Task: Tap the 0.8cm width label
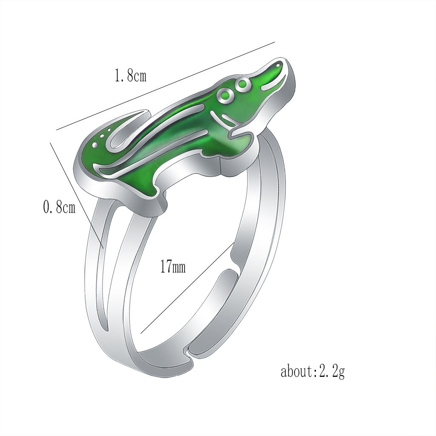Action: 59,208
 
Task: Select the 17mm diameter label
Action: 173,267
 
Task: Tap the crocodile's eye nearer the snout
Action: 242,84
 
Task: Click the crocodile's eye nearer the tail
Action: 224,95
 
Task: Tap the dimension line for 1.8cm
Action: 166,85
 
